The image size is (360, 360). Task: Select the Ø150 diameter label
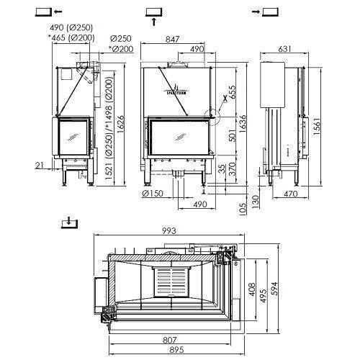click(x=152, y=193)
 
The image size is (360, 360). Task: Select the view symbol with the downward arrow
click(x=68, y=221)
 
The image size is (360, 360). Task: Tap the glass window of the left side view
click(x=72, y=137)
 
